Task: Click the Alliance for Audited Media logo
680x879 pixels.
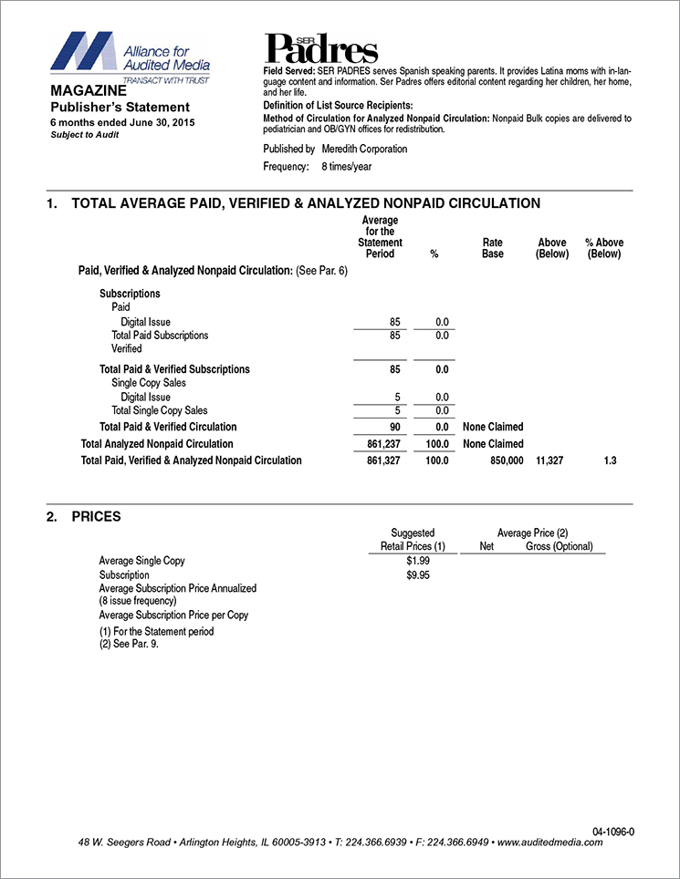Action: coord(130,56)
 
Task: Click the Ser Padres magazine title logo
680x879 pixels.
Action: coord(321,47)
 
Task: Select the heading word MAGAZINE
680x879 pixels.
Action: coord(89,92)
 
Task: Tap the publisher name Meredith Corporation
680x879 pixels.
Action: coord(364,149)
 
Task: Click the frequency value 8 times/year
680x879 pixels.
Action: coord(346,167)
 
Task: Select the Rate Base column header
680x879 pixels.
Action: coord(493,248)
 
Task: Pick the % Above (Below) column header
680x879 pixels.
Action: coord(603,248)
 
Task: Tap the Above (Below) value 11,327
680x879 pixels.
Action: coord(550,461)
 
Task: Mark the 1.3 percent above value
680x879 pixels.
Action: coord(611,461)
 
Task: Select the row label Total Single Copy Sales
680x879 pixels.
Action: coord(160,410)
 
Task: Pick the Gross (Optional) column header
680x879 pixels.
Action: coord(560,546)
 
